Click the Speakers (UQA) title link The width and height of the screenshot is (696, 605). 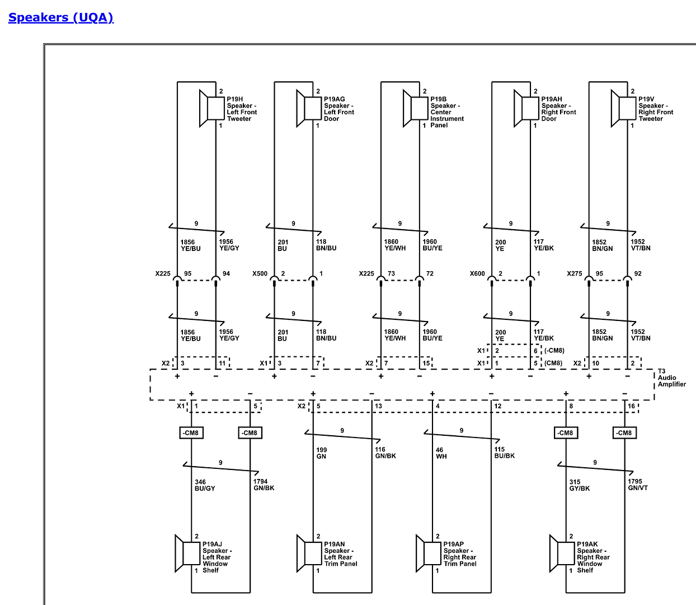click(61, 17)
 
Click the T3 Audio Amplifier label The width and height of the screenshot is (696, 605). click(671, 378)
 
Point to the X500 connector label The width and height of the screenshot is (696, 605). click(260, 274)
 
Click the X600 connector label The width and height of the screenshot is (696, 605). click(477, 274)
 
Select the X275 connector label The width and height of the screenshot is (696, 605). click(575, 274)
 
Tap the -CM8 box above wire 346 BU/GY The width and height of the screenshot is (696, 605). click(191, 433)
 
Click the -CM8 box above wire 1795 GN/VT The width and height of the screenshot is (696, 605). click(624, 433)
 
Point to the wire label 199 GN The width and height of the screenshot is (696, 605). click(322, 453)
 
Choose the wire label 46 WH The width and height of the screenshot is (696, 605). click(441, 453)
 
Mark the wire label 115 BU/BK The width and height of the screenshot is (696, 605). click(504, 453)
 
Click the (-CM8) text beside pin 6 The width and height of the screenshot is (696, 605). click(554, 351)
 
